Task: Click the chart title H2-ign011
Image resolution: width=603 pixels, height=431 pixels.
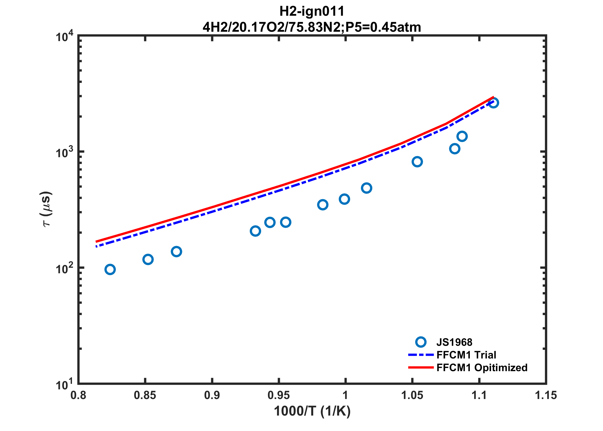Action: tap(312, 12)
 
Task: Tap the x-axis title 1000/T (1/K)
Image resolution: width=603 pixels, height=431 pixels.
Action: tap(312, 411)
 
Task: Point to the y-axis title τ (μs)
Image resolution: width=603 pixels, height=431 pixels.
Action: tap(46, 209)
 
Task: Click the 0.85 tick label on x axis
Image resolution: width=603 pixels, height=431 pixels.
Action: tap(145, 395)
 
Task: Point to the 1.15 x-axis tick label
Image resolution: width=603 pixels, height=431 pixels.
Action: tap(546, 395)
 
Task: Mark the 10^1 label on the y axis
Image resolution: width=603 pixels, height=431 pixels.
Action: tap(65, 384)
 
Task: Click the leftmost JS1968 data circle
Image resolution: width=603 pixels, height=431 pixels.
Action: tap(110, 269)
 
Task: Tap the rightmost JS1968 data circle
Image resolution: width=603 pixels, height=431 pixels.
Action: tap(493, 103)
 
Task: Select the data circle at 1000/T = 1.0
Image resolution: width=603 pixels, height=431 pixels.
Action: tap(344, 199)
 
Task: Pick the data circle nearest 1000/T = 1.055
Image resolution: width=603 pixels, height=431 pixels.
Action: tap(417, 162)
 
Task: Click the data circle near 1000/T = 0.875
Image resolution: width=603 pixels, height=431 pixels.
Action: tap(176, 251)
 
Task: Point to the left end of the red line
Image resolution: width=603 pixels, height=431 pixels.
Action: tap(96, 242)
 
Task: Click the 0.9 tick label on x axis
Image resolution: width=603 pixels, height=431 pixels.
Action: tap(212, 395)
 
